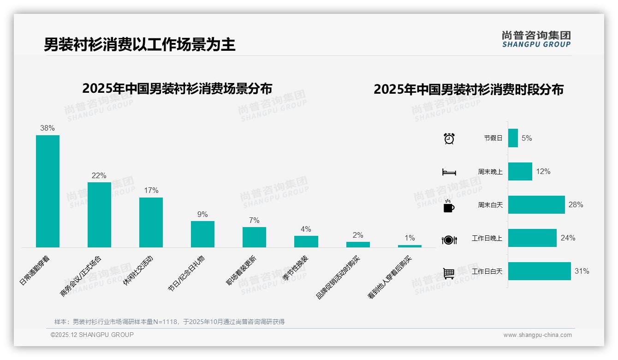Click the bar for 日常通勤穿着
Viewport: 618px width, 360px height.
tap(48, 191)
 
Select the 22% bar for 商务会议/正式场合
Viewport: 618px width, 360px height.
tap(99, 215)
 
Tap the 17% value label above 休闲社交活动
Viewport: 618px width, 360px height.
tap(151, 190)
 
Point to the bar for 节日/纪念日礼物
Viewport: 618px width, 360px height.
tap(202, 234)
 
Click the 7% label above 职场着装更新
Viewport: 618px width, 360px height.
tap(254, 220)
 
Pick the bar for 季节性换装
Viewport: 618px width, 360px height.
tap(306, 241)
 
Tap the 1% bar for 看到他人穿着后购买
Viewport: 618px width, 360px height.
tap(410, 246)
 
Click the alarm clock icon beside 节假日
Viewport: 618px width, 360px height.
tap(449, 138)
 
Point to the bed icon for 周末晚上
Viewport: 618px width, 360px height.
tap(449, 172)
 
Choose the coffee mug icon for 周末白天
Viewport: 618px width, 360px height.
tap(449, 206)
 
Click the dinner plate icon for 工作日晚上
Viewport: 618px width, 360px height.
tap(449, 240)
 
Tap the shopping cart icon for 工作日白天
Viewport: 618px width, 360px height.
tap(449, 273)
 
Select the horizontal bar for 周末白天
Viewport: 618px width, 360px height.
tap(536, 204)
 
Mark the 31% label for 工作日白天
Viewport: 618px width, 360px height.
tap(582, 271)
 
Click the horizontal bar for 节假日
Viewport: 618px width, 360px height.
tap(513, 138)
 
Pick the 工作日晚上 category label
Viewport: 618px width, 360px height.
tap(487, 238)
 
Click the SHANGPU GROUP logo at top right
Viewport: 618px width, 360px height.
tap(536, 39)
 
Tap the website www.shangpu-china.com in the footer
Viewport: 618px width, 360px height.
tap(537, 335)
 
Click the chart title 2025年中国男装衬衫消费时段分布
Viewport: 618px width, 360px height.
tap(468, 89)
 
